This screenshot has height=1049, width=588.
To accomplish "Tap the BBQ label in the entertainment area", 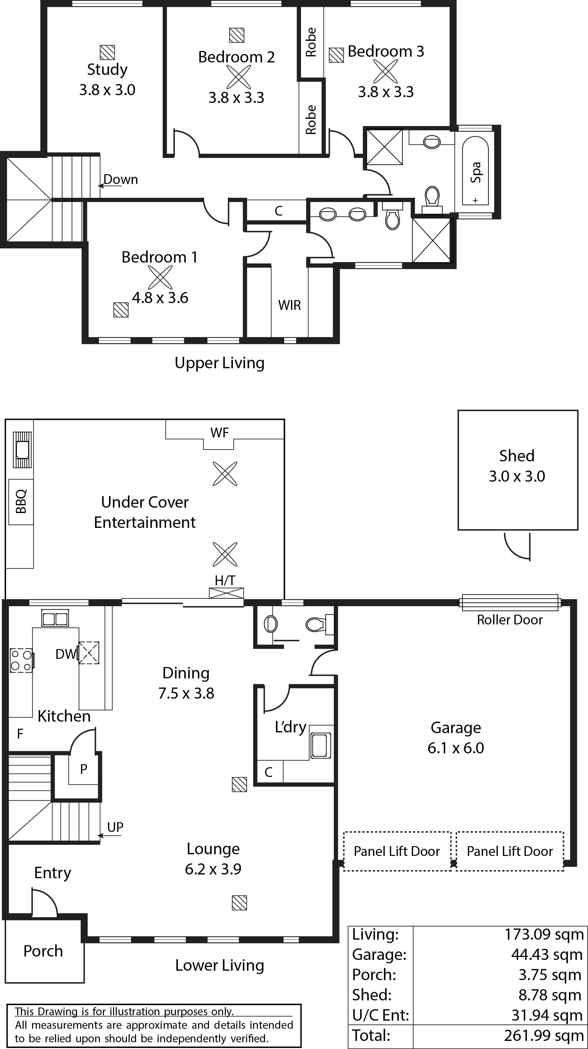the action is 21,501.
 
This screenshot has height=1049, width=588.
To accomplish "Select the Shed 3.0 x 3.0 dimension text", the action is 517,476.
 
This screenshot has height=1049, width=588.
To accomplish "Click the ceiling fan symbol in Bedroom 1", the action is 160,277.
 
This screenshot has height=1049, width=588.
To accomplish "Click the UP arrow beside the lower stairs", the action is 110,836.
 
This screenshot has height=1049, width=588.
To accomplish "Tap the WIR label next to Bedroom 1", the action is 290,305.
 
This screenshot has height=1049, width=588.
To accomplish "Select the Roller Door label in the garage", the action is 509,620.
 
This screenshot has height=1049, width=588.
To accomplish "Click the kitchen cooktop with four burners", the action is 22,661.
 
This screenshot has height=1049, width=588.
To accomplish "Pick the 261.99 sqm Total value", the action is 544,1035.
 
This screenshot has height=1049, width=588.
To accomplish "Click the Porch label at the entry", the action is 43,951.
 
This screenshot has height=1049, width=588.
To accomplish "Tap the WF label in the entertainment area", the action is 219,432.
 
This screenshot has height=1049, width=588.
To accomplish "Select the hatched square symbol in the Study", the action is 107,52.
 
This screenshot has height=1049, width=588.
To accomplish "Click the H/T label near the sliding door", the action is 225,580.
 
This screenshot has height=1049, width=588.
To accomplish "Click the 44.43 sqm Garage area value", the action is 547,954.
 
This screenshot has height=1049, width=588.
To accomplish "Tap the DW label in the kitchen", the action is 66,654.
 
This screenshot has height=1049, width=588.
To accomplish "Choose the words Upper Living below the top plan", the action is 219,363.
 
